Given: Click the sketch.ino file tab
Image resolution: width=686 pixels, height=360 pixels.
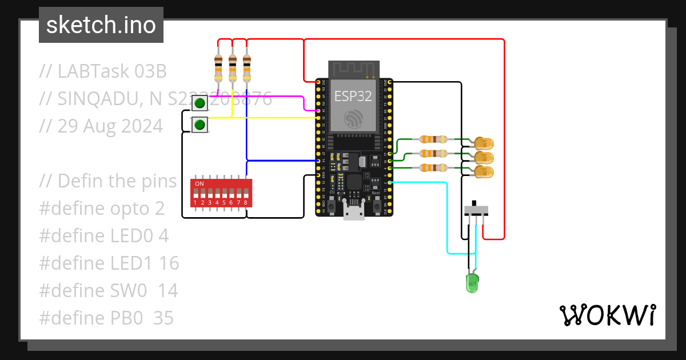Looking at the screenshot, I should [x=101, y=25].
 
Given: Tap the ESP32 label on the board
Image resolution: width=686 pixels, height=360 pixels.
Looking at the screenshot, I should [x=353, y=96].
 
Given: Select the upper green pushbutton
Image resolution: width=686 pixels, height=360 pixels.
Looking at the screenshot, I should [x=200, y=103].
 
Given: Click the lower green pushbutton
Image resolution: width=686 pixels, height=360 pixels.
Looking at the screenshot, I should [x=200, y=125].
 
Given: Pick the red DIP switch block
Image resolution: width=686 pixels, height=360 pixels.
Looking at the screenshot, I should [x=221, y=193].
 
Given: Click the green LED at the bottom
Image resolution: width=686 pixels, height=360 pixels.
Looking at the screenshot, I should [x=472, y=282].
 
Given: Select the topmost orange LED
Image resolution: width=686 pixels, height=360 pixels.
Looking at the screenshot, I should [x=484, y=142].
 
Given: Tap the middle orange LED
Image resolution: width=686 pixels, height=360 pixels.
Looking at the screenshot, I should [x=484, y=157].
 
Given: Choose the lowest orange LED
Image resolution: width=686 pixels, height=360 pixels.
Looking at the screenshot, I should [x=484, y=172].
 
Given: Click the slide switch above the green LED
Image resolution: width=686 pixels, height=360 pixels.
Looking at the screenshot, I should [x=476, y=209].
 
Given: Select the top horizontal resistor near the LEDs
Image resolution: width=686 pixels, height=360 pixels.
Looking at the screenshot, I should [x=433, y=139].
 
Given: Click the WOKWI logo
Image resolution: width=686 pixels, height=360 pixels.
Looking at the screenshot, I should [x=607, y=315].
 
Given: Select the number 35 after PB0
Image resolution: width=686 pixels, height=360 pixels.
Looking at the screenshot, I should [x=163, y=318].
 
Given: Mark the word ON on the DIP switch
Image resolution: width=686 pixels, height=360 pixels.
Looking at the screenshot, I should [x=200, y=183].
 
